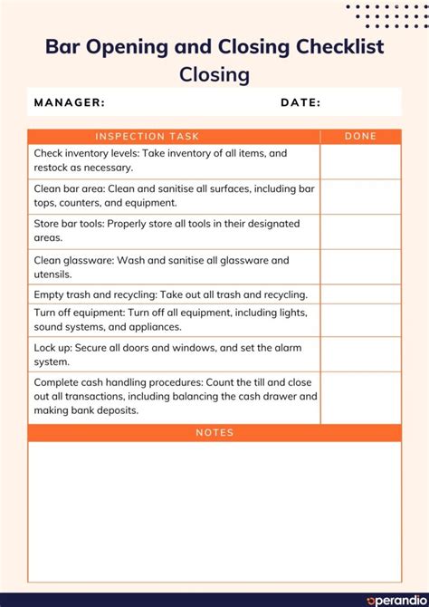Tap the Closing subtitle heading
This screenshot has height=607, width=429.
click(x=214, y=74)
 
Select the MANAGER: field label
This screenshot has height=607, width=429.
click(x=70, y=102)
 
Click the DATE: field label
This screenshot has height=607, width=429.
click(x=300, y=102)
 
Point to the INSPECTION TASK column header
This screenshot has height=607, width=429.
click(x=147, y=137)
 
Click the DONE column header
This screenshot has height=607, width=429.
click(x=360, y=137)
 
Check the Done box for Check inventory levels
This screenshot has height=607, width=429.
click(x=360, y=161)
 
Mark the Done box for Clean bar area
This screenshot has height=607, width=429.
click(x=360, y=197)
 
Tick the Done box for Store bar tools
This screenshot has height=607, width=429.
click(x=360, y=232)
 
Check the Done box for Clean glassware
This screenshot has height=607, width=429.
click(x=360, y=267)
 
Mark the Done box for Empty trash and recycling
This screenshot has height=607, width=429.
click(x=360, y=294)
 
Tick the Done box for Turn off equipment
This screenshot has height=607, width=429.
click(x=360, y=320)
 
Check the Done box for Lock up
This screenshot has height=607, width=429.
click(x=360, y=354)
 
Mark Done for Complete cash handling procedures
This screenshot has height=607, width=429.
click(x=360, y=398)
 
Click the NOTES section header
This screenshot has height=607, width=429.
click(x=214, y=433)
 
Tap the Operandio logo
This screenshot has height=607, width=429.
click(x=395, y=600)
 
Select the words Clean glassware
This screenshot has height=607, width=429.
click(x=72, y=261)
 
